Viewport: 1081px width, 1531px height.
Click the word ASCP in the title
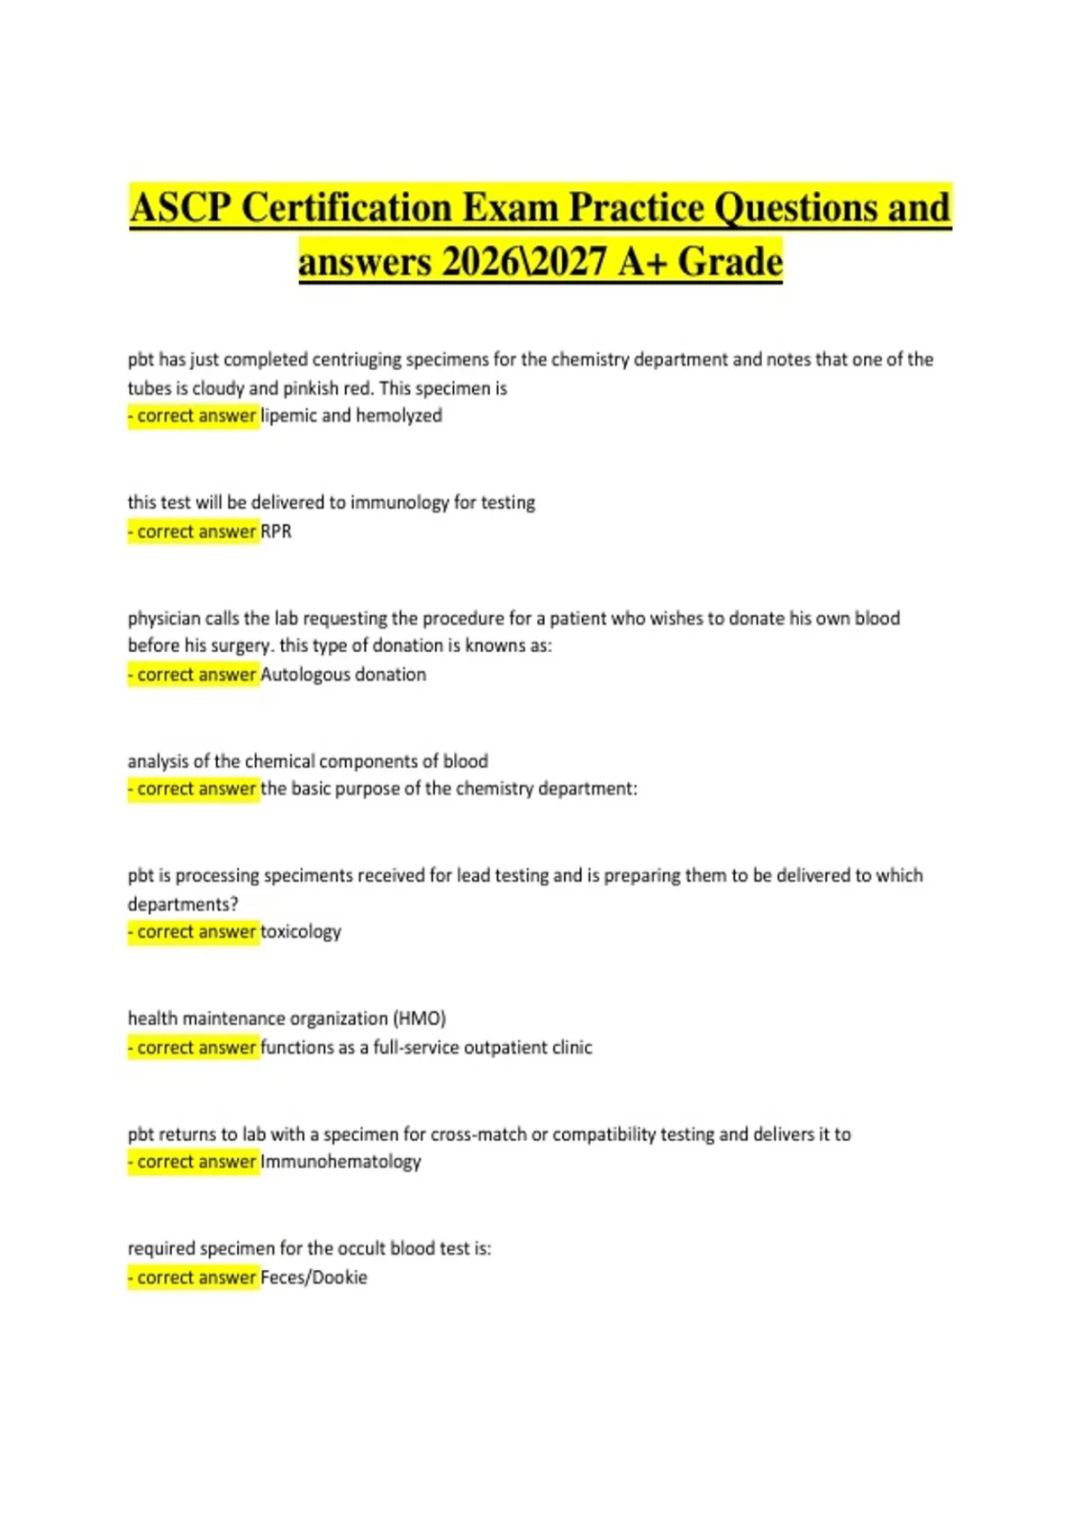(x=181, y=208)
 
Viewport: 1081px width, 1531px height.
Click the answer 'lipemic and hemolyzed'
(x=351, y=416)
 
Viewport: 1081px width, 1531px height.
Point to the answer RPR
(x=276, y=531)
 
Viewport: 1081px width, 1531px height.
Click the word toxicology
(x=301, y=932)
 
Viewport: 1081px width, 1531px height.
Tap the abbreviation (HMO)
(x=419, y=1019)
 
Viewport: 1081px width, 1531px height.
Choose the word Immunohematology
(x=341, y=1162)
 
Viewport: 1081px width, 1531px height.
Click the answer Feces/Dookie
(x=313, y=1277)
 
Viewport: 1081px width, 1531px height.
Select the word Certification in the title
(x=347, y=208)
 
